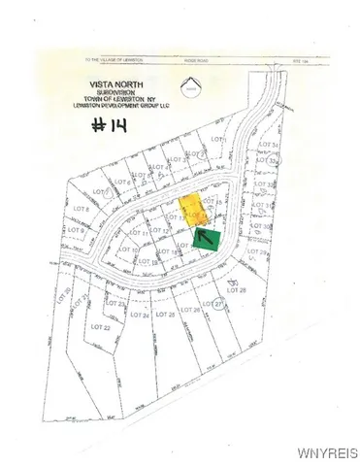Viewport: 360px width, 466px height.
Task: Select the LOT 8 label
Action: (x=82, y=209)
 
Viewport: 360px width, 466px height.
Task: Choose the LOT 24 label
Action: (x=139, y=315)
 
